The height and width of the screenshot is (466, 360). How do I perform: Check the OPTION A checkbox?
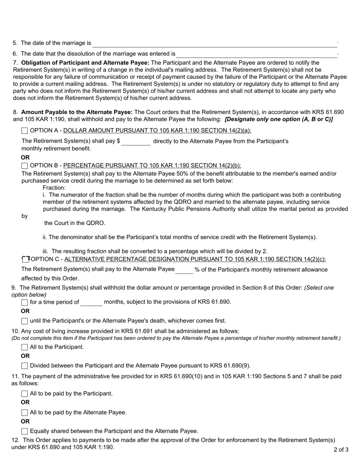[25, 131]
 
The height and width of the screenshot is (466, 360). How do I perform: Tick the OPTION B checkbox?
[25, 166]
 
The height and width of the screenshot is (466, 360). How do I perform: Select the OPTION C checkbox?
[25, 260]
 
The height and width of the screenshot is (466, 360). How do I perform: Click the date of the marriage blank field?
[214, 44]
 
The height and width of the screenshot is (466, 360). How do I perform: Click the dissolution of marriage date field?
[256, 54]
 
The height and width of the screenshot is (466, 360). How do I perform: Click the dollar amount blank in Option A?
[136, 142]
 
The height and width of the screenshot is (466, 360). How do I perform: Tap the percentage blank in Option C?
[184, 270]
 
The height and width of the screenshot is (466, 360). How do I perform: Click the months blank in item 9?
[91, 302]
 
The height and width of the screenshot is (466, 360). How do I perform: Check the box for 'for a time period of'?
[25, 302]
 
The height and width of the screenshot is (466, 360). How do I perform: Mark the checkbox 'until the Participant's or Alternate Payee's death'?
[25, 321]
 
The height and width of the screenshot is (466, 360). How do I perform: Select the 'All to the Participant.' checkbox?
[25, 347]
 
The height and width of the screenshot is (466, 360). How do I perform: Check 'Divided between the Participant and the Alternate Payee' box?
[25, 366]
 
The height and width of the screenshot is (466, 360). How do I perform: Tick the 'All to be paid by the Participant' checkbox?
[25, 394]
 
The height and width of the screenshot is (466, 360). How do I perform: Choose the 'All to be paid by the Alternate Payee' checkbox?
[25, 413]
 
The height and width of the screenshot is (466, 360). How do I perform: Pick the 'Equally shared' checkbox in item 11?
[25, 431]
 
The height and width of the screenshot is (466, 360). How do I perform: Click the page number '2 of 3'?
[341, 450]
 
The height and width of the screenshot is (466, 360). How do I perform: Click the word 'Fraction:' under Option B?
[54, 188]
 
